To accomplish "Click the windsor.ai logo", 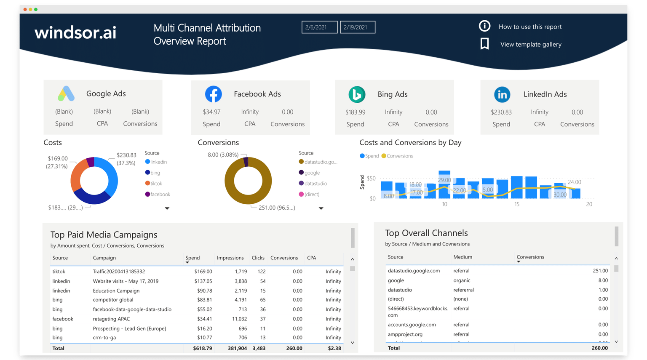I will pos(75,32).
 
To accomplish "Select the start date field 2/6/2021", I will pos(319,27).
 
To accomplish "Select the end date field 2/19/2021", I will pos(357,27).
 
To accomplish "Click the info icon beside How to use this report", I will pos(484,26).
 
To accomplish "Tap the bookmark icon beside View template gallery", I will pos(484,44).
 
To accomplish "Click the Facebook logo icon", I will pos(213,94).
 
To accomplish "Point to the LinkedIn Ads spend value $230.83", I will pos(501,112).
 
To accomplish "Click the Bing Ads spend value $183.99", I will pos(355,112).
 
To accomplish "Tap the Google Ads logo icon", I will pos(66,93).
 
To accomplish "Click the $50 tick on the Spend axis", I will pos(371,179).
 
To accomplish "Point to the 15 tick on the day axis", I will pos(516,204).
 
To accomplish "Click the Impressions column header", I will pos(230,258).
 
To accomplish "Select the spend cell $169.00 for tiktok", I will pos(203,272).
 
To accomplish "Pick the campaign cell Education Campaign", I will pos(116,291).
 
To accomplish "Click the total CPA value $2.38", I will pos(334,348).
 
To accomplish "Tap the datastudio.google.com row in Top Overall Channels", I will pos(414,271).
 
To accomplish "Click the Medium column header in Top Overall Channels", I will pos(463,257).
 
